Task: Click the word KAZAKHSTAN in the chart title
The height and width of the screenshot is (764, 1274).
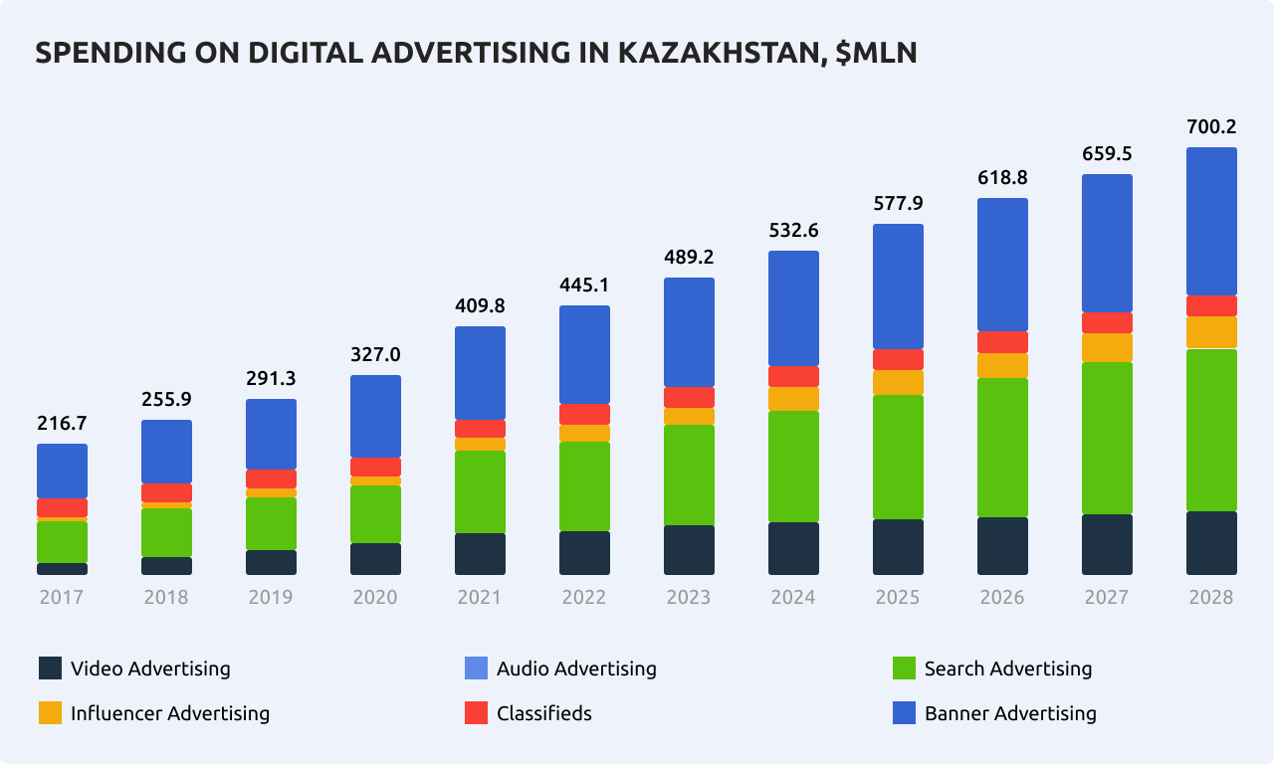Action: click(717, 54)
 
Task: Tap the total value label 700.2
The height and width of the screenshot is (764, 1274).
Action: click(1211, 126)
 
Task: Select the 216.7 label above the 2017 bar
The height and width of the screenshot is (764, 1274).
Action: click(62, 423)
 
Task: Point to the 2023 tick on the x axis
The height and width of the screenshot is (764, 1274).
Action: click(689, 597)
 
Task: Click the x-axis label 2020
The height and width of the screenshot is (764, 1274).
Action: click(375, 597)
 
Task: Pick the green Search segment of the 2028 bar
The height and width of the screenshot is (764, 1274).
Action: click(1211, 430)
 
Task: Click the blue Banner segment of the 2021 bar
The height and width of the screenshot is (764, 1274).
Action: click(480, 372)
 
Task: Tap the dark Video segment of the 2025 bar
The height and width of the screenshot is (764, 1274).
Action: click(898, 546)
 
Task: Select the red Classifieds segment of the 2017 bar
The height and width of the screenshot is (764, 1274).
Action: click(62, 507)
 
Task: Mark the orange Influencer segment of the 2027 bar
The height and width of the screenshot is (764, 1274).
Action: click(1107, 347)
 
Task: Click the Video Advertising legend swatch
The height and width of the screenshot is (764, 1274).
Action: click(51, 668)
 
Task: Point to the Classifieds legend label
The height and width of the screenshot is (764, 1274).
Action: click(543, 713)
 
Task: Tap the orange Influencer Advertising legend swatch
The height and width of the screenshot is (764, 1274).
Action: click(51, 713)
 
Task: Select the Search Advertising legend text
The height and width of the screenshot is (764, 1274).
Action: click(1007, 668)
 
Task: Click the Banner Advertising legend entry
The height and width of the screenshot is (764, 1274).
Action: click(995, 713)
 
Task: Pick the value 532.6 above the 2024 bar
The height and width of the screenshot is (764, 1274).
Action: click(793, 230)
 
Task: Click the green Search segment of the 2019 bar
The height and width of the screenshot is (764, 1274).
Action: click(271, 523)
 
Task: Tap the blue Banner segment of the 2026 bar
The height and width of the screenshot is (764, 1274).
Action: click(1002, 265)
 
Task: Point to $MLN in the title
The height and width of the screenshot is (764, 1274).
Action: click(876, 54)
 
